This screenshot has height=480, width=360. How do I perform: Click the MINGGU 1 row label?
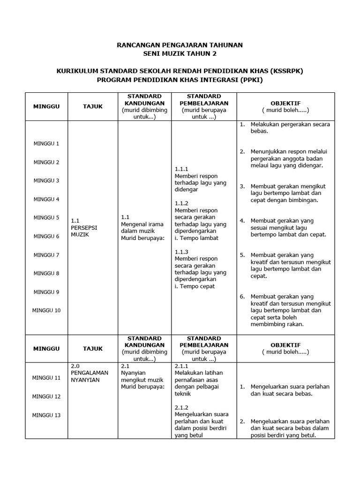46,143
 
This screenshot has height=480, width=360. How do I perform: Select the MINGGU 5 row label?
46,217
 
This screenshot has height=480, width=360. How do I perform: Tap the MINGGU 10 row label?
46,310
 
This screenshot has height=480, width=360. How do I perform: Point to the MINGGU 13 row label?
46,415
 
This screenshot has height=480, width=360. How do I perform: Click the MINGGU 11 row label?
46,377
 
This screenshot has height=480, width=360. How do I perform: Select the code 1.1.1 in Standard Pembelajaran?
181,169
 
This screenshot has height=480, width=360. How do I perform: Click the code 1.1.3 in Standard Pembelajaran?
181,252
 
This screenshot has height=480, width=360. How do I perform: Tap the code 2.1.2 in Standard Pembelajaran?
181,407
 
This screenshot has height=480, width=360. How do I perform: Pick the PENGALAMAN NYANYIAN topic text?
89,376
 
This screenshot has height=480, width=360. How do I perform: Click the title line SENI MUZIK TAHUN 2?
180,54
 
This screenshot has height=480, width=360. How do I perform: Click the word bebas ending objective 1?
259,131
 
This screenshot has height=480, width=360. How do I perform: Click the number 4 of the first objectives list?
242,221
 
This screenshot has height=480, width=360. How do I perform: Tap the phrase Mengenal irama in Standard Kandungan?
142,224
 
